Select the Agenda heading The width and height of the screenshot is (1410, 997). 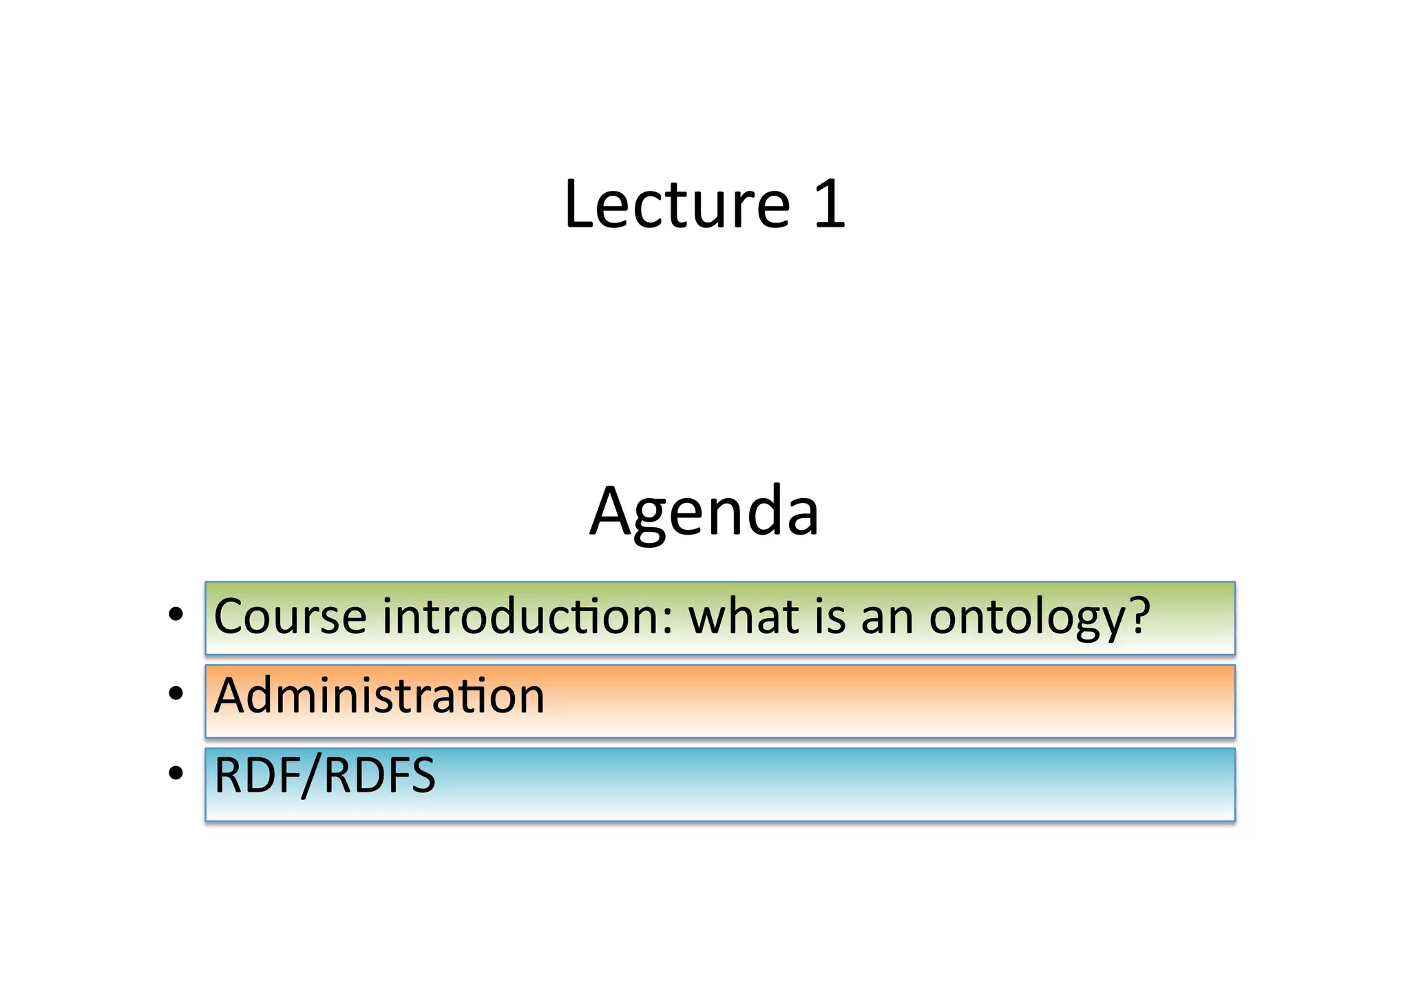pyautogui.click(x=704, y=512)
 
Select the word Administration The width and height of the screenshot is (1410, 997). pyautogui.click(x=379, y=695)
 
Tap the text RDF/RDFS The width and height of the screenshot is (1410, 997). pyautogui.click(x=325, y=776)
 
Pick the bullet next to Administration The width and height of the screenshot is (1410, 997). pyautogui.click(x=176, y=694)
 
